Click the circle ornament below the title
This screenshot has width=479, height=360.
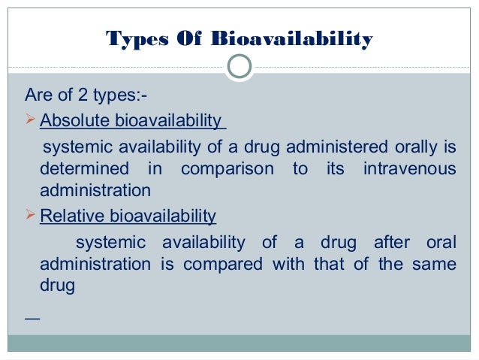[x=239, y=66]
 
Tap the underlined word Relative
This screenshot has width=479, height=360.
[x=72, y=217]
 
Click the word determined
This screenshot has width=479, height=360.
[x=83, y=169]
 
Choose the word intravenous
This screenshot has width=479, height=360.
[x=409, y=169]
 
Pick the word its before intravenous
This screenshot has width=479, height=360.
[x=335, y=169]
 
